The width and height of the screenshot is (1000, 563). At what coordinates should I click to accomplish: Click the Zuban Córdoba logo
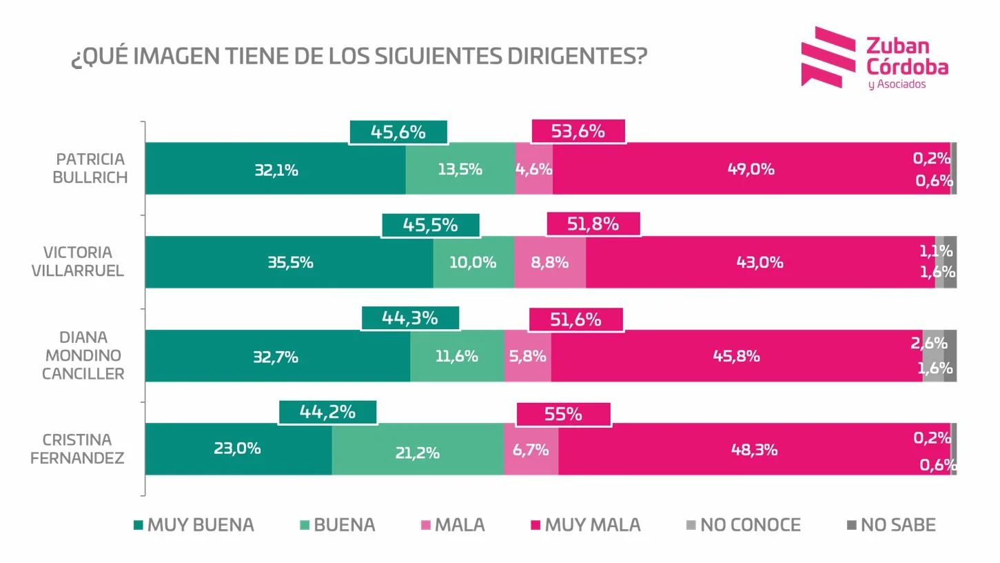(874, 58)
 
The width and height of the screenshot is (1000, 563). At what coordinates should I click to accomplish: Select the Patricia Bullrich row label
(90, 168)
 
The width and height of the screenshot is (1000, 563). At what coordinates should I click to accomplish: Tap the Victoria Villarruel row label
(78, 261)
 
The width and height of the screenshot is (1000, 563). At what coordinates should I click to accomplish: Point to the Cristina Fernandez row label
(77, 448)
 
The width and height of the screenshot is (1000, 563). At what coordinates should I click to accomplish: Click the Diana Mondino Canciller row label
(83, 355)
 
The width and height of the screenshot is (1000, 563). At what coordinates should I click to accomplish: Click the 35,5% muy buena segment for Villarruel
(289, 262)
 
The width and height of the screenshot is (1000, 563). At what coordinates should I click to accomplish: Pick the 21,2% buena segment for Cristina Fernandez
(417, 453)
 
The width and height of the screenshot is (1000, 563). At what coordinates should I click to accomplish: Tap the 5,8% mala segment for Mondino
(528, 356)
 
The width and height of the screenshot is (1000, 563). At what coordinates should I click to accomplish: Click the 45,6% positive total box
(398, 132)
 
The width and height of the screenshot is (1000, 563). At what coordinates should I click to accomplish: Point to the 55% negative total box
(563, 414)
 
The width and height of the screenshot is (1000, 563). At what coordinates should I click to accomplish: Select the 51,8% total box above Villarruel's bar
(593, 224)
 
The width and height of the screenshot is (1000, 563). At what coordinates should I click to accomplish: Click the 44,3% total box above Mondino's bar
(410, 318)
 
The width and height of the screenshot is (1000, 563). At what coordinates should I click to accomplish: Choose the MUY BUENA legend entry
(194, 525)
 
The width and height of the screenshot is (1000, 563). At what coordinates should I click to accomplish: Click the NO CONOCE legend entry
(743, 525)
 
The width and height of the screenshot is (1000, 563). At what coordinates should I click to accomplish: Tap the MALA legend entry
(453, 525)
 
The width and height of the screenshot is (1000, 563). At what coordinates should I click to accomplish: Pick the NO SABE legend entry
(890, 525)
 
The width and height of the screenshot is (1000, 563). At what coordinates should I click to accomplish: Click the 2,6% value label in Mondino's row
(928, 343)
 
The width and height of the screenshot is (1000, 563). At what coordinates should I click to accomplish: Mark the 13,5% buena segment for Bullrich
(460, 169)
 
